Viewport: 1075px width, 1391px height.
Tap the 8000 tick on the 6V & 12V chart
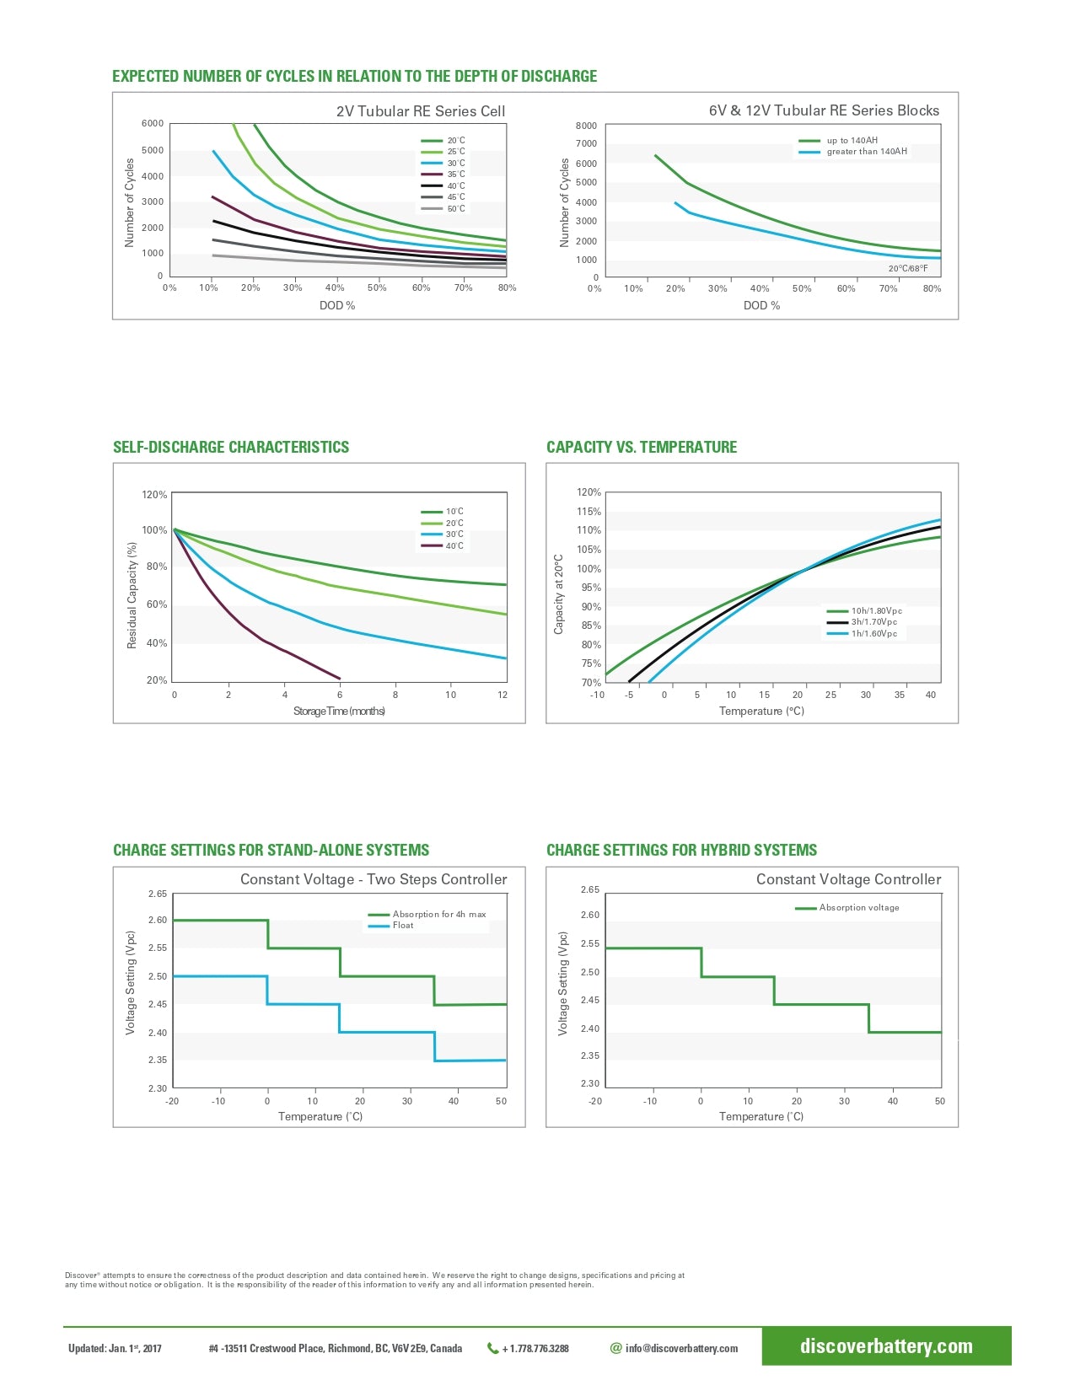(586, 126)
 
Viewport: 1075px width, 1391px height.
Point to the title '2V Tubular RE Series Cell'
(421, 111)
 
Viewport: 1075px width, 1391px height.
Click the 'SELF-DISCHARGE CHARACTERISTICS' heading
(231, 448)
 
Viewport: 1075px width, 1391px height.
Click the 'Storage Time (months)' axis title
(339, 712)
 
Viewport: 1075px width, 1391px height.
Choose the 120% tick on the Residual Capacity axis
(154, 495)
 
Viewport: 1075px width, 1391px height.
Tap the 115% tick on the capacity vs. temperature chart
(589, 512)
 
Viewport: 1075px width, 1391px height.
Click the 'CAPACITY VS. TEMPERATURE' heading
(642, 448)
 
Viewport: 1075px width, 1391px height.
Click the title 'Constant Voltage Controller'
(848, 879)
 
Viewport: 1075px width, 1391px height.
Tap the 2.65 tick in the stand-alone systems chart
(158, 894)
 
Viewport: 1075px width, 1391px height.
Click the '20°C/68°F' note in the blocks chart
(907, 269)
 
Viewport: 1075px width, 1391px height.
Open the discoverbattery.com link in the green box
(886, 1346)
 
